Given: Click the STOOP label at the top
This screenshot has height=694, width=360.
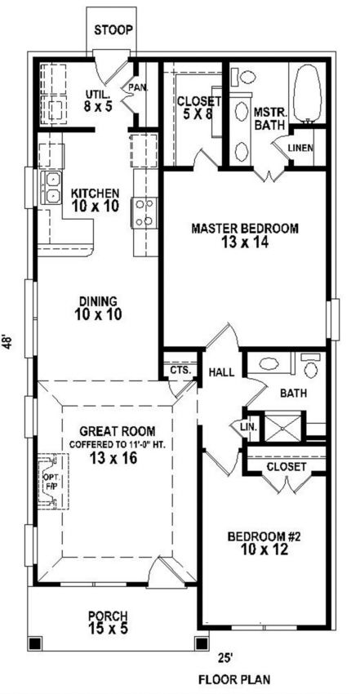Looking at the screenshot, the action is (x=113, y=30).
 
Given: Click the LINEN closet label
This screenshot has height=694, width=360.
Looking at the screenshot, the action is (x=300, y=148).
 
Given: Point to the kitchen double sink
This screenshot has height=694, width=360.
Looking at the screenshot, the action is (x=51, y=188).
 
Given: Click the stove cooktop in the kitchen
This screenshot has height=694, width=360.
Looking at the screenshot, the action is (x=144, y=213).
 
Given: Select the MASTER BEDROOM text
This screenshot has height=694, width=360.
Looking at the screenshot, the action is (x=245, y=229).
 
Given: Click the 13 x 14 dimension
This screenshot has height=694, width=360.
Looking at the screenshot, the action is (x=244, y=242).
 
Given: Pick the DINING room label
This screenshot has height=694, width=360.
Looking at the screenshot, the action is (x=98, y=300).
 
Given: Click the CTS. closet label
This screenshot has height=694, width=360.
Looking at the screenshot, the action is (x=180, y=370).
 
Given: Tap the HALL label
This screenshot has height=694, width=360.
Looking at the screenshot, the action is (x=222, y=372).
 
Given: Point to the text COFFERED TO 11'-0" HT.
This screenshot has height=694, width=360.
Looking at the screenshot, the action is (x=118, y=445).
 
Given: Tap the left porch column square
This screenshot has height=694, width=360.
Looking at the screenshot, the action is (x=35, y=643).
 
